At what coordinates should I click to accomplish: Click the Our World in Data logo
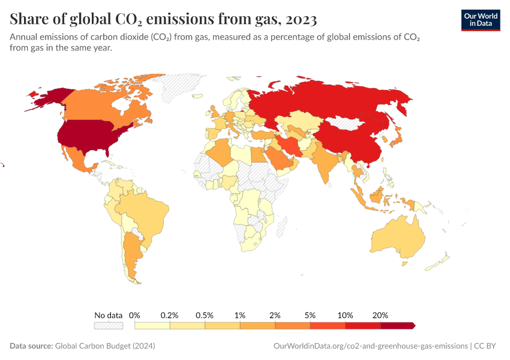click(x=480, y=20)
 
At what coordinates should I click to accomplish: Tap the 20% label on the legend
click(x=380, y=315)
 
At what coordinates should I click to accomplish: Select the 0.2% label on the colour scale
click(x=170, y=315)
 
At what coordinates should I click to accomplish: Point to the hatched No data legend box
click(x=109, y=325)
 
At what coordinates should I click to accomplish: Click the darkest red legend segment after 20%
click(x=397, y=325)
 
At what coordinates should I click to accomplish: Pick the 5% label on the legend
click(x=310, y=315)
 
